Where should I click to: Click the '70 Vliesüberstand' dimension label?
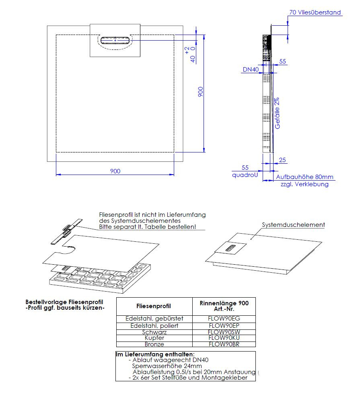point(315,12)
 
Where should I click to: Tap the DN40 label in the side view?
point(250,70)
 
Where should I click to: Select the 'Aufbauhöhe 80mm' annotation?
point(304,177)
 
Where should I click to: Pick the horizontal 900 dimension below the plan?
point(115,171)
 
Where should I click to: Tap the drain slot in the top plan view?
point(115,40)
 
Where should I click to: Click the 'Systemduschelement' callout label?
point(293,225)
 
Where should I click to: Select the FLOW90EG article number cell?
point(224,319)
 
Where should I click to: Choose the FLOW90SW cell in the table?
point(224,332)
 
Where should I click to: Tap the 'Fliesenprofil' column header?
point(154,306)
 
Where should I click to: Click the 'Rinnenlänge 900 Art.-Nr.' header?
point(224,306)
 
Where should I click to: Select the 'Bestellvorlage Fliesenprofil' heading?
point(64,302)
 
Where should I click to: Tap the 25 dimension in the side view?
point(282,160)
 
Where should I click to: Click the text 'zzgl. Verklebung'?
point(304,184)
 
